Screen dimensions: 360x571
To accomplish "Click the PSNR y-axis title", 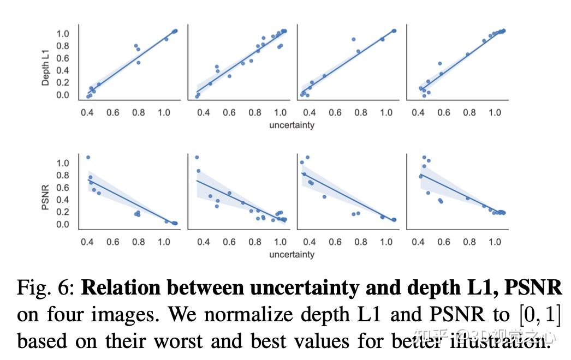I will pyautogui.click(x=46, y=197).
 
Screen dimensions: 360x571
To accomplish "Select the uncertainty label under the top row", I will pyautogui.click(x=292, y=125).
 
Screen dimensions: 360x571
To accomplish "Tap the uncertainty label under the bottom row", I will pyautogui.click(x=292, y=255).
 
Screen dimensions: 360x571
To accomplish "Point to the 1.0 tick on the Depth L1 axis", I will pyautogui.click(x=63, y=34).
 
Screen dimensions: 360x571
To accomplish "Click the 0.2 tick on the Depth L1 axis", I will pyautogui.click(x=63, y=83).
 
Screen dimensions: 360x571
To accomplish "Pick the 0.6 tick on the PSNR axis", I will pyautogui.click(x=63, y=188).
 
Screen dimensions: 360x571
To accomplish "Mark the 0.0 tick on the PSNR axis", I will pyautogui.click(x=63, y=225).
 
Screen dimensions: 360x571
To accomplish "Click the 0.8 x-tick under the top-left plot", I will pyautogui.click(x=138, y=112).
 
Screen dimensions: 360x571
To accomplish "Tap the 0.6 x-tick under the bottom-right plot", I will pyautogui.click(x=444, y=242).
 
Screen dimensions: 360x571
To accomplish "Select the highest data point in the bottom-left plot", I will pyautogui.click(x=88, y=158).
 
